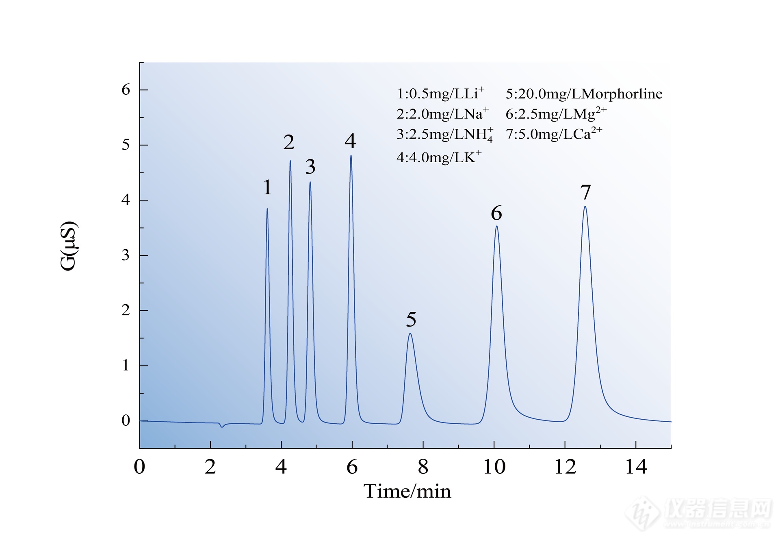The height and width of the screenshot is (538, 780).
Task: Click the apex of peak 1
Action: click(267, 209)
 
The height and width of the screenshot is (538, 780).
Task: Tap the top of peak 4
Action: click(351, 156)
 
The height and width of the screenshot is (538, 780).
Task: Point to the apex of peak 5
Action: click(410, 334)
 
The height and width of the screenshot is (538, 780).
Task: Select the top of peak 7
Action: click(585, 207)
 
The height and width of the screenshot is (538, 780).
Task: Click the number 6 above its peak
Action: click(496, 213)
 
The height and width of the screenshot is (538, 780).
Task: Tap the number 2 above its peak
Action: click(289, 142)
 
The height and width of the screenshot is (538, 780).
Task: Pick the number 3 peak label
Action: click(310, 167)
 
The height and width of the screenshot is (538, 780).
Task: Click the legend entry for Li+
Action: click(440, 94)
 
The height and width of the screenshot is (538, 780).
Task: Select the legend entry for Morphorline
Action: click(584, 94)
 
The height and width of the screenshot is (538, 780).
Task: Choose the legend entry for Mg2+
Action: click(556, 113)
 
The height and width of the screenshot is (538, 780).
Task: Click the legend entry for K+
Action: click(439, 157)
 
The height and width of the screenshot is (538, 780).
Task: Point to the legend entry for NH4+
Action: click(444, 134)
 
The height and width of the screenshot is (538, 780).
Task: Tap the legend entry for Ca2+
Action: click(554, 134)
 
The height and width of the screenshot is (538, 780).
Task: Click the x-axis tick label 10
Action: click(494, 467)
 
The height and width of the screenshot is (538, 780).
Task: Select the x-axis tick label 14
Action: click(636, 467)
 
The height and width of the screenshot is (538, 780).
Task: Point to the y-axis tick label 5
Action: click(126, 145)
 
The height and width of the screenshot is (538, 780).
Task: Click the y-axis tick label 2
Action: click(126, 310)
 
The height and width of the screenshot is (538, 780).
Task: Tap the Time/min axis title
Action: click(407, 491)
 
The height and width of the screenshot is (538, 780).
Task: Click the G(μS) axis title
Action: click(68, 246)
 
